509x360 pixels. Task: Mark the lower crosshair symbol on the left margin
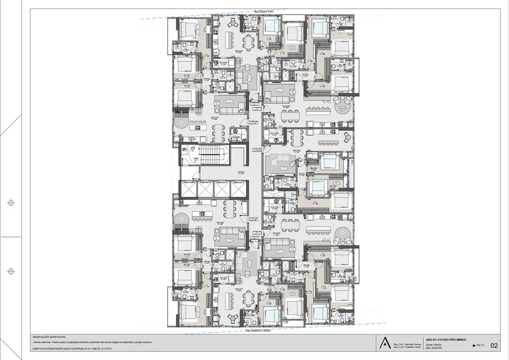click(x=11, y=271)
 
